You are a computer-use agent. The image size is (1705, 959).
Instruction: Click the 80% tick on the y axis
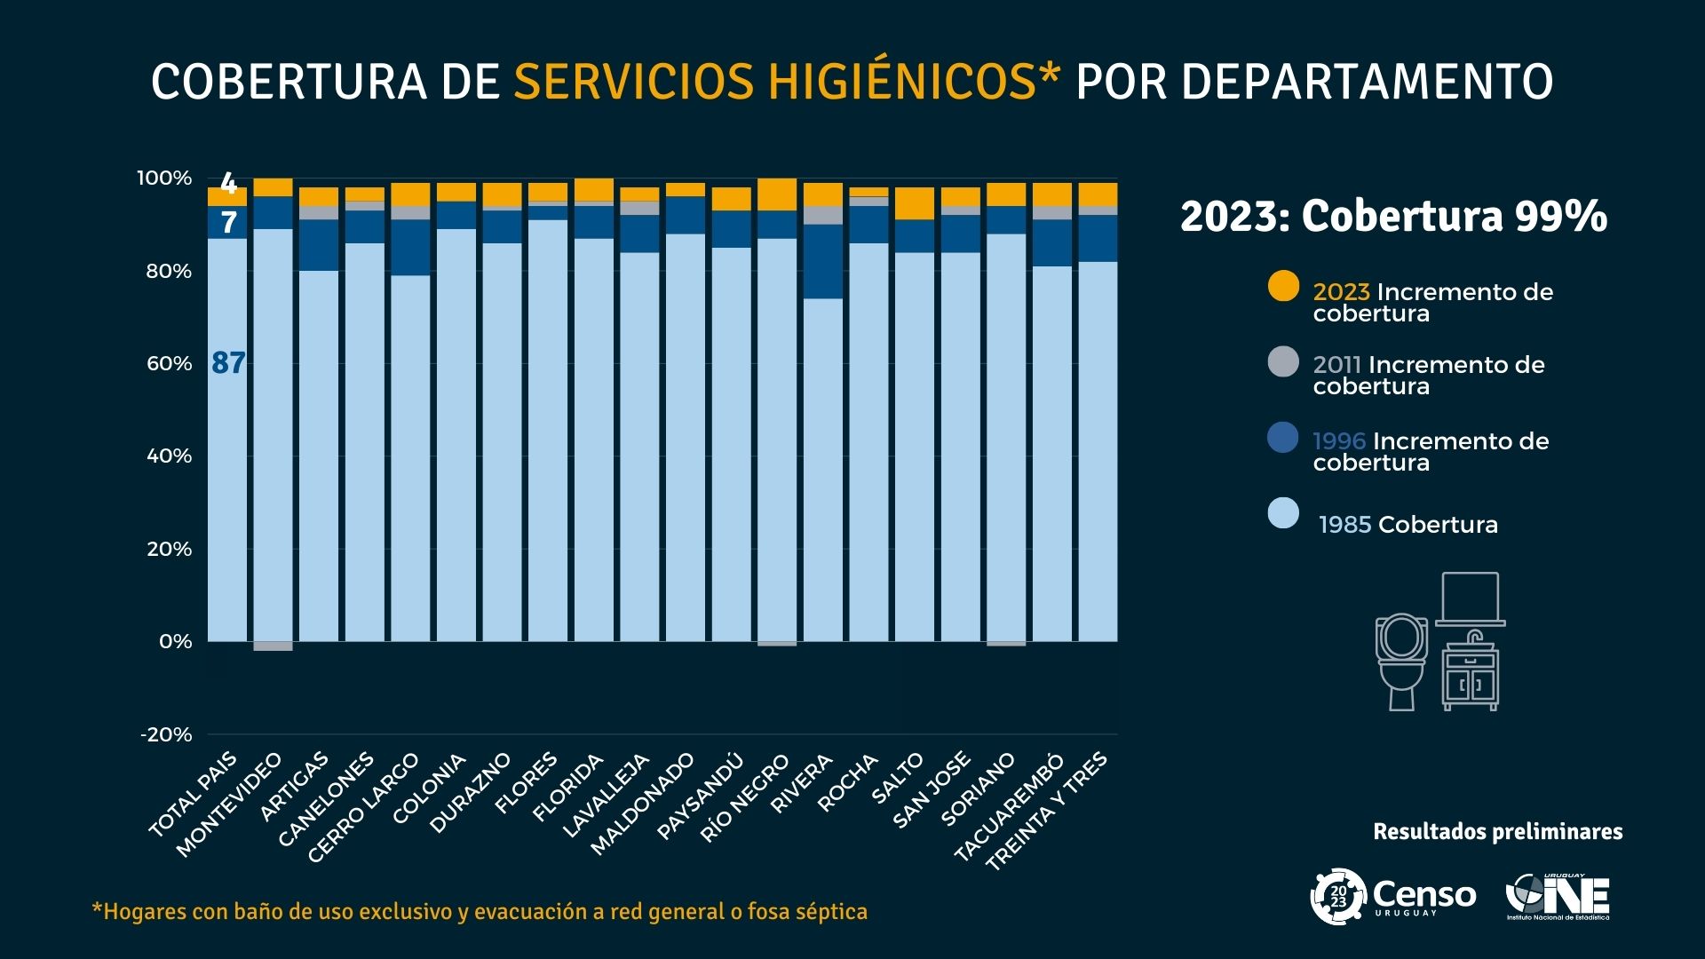[169, 272]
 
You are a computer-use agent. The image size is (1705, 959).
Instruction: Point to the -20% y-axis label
[166, 734]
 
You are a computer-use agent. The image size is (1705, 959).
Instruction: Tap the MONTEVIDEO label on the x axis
[229, 805]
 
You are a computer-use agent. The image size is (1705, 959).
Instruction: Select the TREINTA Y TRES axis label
[1048, 811]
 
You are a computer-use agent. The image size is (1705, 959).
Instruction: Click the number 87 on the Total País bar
[228, 363]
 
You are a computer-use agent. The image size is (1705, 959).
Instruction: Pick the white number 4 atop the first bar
[228, 184]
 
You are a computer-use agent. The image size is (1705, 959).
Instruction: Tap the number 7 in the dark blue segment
[228, 222]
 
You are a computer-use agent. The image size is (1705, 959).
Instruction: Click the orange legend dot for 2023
[1283, 285]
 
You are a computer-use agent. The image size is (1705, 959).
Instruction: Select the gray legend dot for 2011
[1283, 361]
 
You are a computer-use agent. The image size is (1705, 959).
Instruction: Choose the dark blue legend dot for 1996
[1283, 438]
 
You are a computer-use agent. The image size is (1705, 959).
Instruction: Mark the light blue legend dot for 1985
[1283, 513]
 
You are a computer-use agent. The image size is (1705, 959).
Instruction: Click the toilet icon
[1401, 661]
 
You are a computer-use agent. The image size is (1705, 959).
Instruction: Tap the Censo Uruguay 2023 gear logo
[1338, 897]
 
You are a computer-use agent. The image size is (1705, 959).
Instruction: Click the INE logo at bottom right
[1558, 897]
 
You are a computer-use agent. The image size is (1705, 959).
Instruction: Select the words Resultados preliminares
[1497, 832]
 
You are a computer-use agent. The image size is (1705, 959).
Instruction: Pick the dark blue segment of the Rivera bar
[822, 261]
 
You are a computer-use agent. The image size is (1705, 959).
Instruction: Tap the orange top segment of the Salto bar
[914, 203]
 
